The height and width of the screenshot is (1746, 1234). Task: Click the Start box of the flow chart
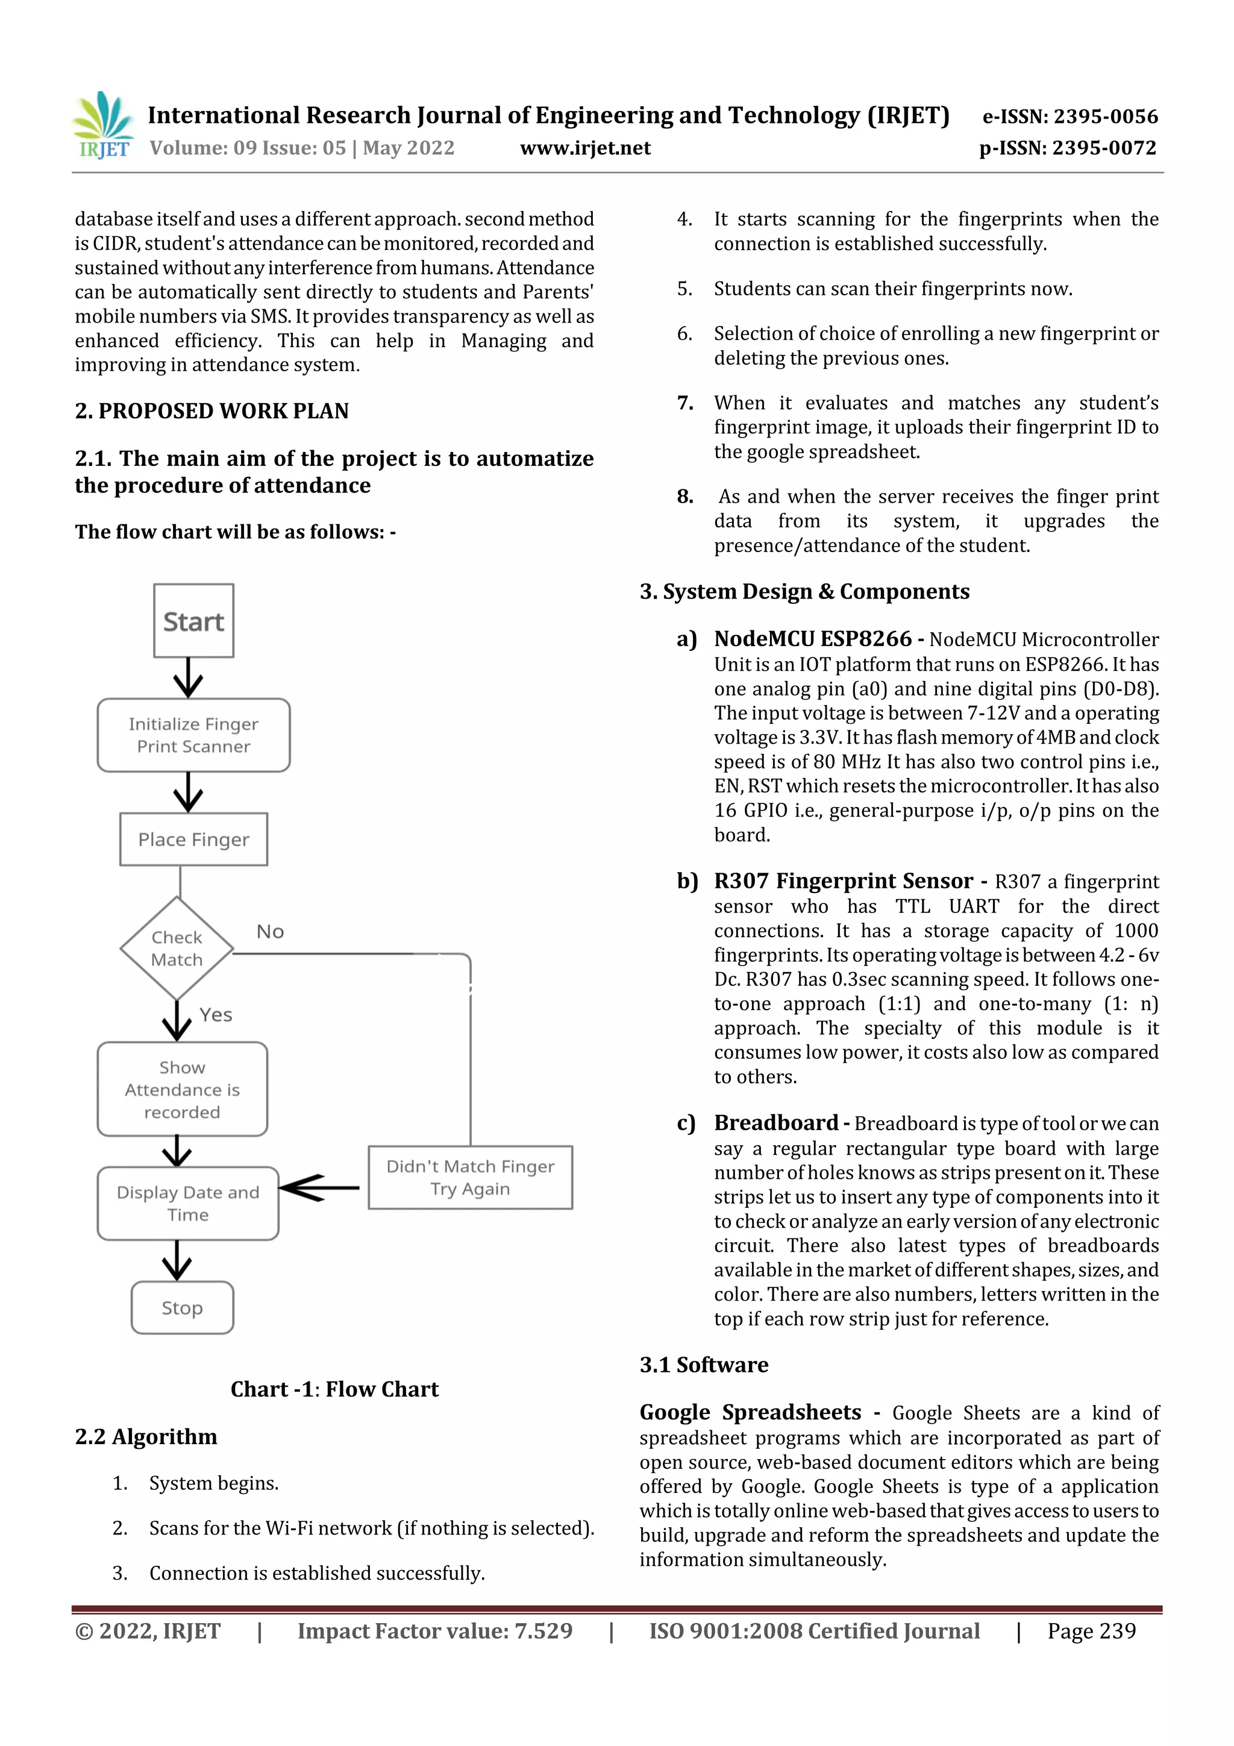click(193, 621)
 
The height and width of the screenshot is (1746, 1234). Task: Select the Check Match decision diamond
click(177, 948)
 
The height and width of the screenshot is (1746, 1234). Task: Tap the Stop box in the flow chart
click(182, 1307)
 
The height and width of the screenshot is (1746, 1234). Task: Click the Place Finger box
click(193, 839)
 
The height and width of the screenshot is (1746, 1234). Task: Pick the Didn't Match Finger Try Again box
click(470, 1176)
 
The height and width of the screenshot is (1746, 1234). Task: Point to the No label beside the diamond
click(270, 932)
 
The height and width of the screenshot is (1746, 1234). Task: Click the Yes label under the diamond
click(216, 1014)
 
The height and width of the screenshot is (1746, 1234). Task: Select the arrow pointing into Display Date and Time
click(319, 1187)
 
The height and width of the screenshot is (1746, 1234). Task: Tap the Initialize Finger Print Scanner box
click(193, 735)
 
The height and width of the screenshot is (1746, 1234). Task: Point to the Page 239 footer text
click(1091, 1630)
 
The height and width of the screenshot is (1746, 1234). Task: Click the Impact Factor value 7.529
click(543, 1630)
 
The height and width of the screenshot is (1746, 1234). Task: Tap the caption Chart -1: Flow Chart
click(334, 1389)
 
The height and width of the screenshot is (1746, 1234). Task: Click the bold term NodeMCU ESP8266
click(812, 639)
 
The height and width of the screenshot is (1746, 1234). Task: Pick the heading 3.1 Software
click(703, 1364)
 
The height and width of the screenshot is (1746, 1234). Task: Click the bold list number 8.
click(685, 497)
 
